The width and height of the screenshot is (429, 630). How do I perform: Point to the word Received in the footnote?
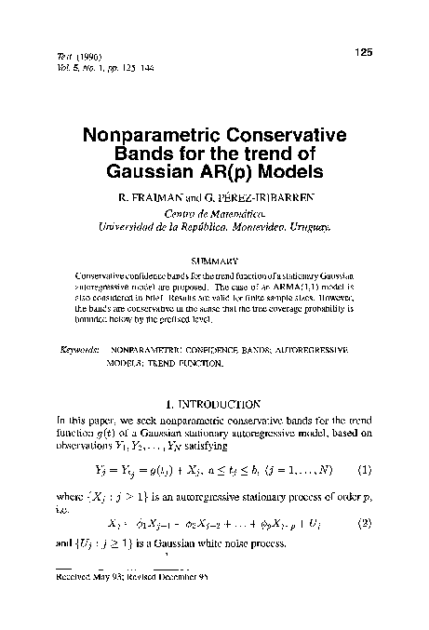[x=74, y=578]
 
